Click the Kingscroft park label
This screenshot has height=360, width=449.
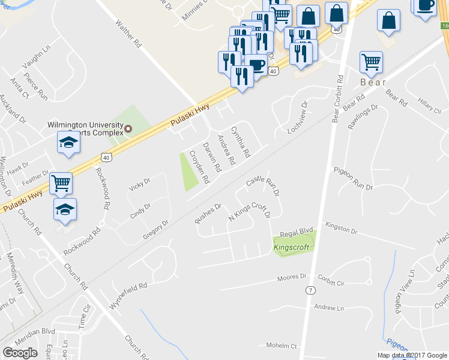pyautogui.click(x=291, y=247)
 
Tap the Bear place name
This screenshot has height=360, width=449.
pyautogui.click(x=372, y=82)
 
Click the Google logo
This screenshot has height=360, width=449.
pyautogui.click(x=20, y=353)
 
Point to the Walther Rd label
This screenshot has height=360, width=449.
pyautogui.click(x=128, y=35)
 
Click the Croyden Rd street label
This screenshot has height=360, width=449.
pyautogui.click(x=199, y=166)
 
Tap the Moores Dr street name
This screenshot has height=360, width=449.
pyautogui.click(x=292, y=278)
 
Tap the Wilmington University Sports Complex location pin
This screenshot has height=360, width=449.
pyautogui.click(x=128, y=128)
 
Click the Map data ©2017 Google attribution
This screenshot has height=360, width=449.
pyautogui.click(x=411, y=355)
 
